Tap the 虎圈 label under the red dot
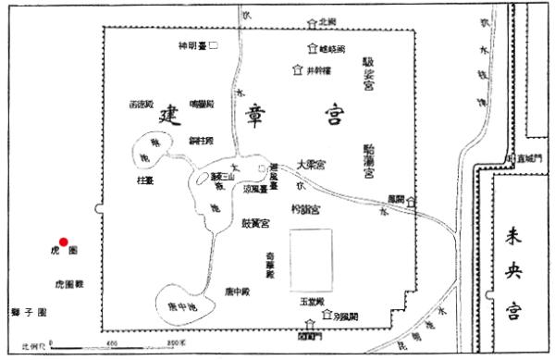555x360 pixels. pyautogui.click(x=64, y=252)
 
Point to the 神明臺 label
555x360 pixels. pyautogui.click(x=191, y=44)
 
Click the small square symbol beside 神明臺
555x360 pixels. pyautogui.click(x=214, y=44)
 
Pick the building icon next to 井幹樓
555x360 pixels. pyautogui.click(x=296, y=68)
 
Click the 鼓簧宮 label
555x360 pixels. pyautogui.click(x=255, y=223)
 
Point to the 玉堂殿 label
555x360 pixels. pyautogui.click(x=310, y=302)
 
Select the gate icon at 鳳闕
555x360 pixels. pyautogui.click(x=410, y=201)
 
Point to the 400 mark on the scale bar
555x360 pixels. pyautogui.click(x=111, y=344)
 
